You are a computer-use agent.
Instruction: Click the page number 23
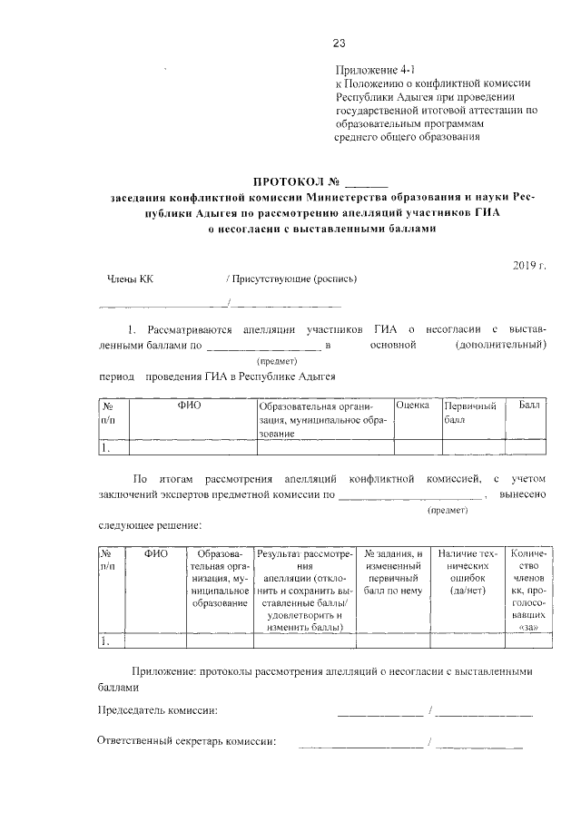tap(340, 43)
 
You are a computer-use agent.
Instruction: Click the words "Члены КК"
tap(131, 279)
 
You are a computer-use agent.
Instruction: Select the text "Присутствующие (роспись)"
tap(293, 279)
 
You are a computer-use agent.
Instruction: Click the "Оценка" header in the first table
tap(413, 405)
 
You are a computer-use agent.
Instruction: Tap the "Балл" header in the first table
tap(529, 405)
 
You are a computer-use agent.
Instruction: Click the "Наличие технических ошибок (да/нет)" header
tap(468, 572)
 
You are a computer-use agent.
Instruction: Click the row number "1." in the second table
tap(107, 641)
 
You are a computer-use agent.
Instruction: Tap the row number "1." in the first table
tap(106, 446)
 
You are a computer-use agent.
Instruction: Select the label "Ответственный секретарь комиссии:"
tap(186, 742)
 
